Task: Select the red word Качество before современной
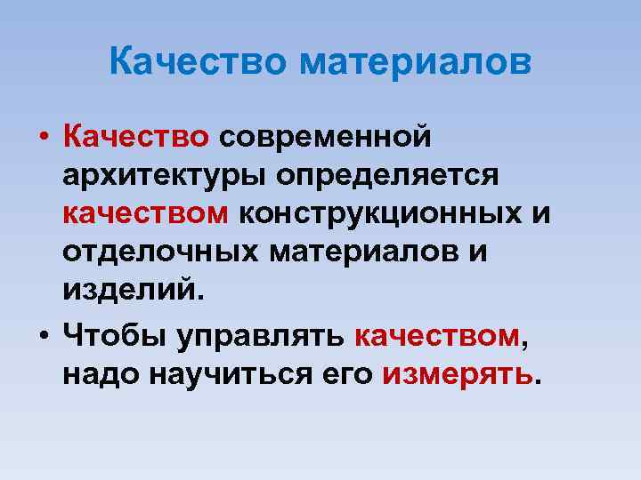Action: (x=136, y=137)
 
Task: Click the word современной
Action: (x=326, y=137)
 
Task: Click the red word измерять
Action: (x=457, y=376)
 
